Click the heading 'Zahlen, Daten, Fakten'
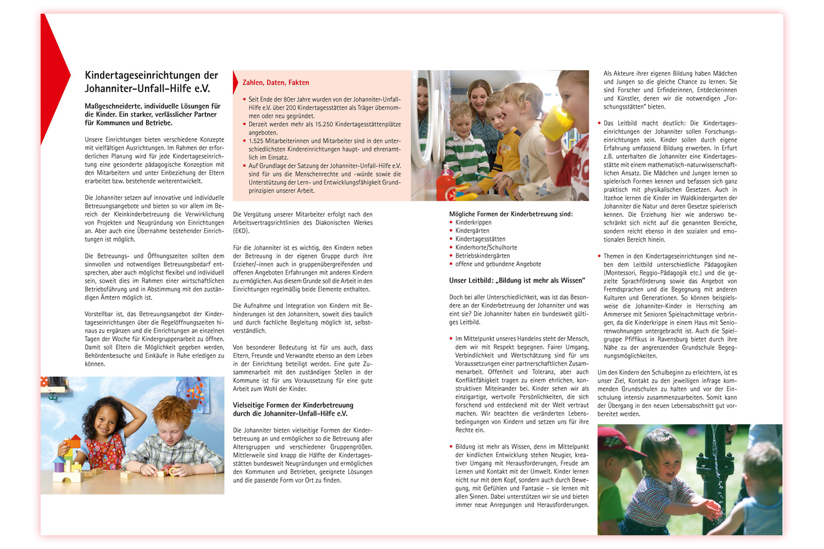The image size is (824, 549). click(276, 83)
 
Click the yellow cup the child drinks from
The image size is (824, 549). click(558, 123)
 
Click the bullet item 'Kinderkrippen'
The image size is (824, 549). click(473, 222)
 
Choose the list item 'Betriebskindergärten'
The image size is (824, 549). click(482, 256)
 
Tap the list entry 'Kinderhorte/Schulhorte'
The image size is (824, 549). click(486, 248)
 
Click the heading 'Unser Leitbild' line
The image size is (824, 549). click(517, 281)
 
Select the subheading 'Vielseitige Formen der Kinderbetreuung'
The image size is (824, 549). click(293, 405)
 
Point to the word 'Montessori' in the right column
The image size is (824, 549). click(621, 273)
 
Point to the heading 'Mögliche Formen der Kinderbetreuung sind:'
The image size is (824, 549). click(511, 214)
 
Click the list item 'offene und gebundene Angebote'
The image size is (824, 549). click(498, 264)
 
